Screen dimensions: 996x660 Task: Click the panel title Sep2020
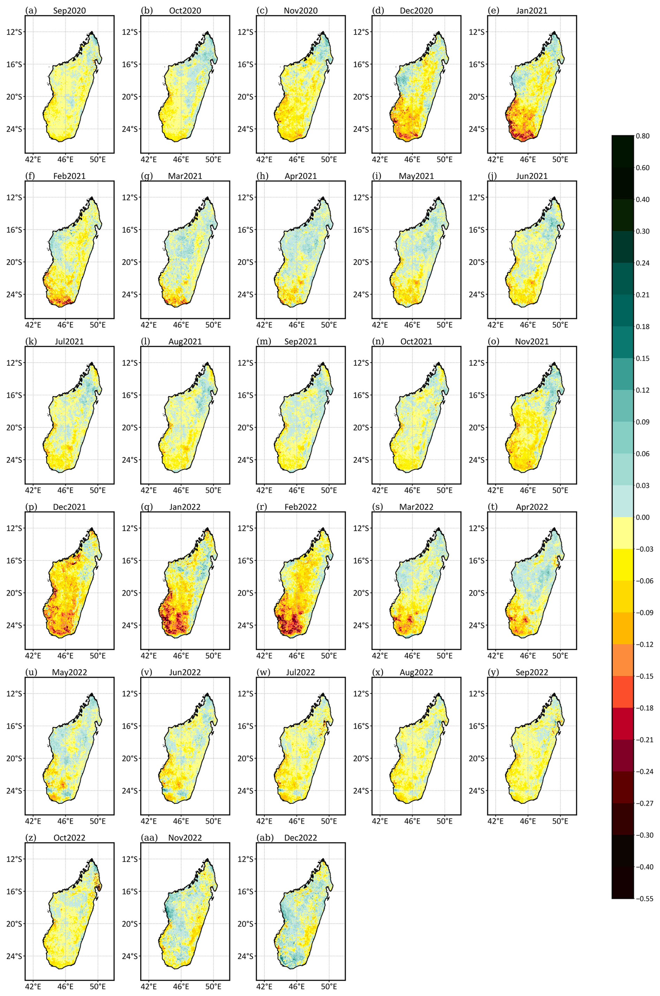point(69,10)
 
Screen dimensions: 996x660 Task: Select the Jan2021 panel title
point(532,10)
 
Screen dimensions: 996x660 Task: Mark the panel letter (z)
point(30,838)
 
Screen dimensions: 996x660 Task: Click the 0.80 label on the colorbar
point(642,136)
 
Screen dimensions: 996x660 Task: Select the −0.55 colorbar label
point(644,898)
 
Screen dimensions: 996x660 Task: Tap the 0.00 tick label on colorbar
point(642,517)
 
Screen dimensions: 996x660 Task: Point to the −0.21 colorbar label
point(644,739)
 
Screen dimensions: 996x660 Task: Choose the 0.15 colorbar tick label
point(642,358)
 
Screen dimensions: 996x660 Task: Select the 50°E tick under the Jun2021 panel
point(560,325)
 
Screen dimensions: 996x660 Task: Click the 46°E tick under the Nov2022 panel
point(181,986)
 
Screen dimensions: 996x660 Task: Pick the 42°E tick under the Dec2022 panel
point(264,986)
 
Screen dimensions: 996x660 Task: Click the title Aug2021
point(185,341)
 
